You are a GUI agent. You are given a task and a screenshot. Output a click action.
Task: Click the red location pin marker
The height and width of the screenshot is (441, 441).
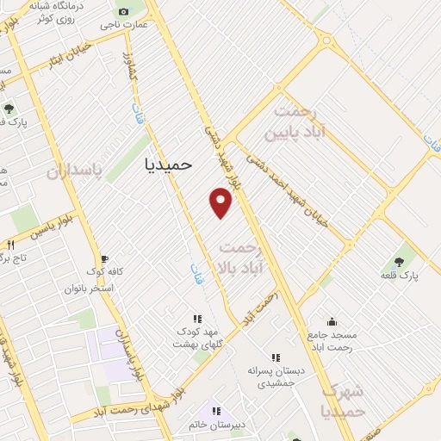coord(221,202)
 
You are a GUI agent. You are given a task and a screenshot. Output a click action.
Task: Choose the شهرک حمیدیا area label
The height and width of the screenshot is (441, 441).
coord(341,401)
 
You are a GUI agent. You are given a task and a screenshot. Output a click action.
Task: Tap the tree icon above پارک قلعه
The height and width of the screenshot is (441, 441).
coord(400,259)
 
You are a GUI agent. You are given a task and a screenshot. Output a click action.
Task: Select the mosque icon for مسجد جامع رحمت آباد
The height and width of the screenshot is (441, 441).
coord(332,320)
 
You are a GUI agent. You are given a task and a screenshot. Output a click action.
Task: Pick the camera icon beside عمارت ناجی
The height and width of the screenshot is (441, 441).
coord(122,11)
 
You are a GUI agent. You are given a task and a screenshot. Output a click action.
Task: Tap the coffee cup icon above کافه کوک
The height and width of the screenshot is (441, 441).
coord(104,258)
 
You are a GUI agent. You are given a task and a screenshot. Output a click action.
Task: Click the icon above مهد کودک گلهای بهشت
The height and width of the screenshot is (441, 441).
coord(197,318)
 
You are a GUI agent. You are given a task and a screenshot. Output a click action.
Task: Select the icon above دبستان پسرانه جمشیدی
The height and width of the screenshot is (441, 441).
coord(275,357)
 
